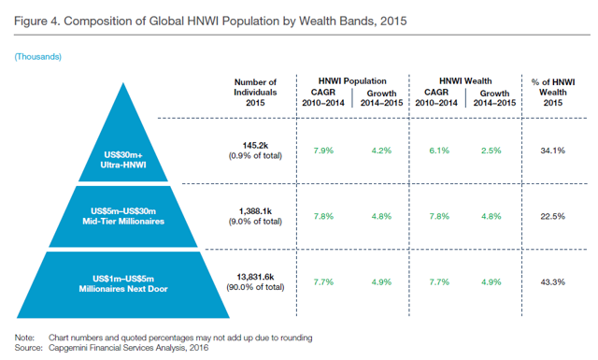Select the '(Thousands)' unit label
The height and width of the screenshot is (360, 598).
coord(38,57)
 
